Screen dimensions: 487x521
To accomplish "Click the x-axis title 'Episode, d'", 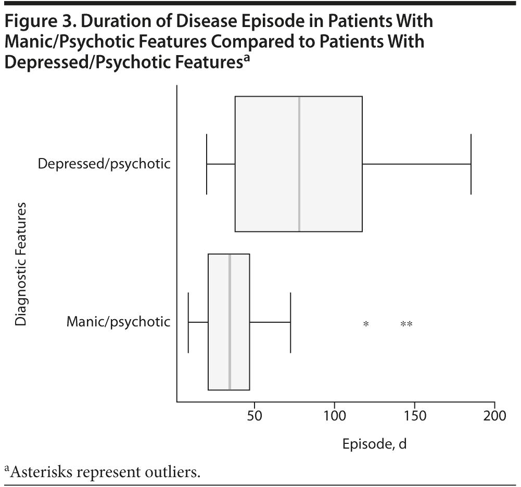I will (x=373, y=444).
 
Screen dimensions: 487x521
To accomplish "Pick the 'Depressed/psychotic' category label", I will (x=104, y=164).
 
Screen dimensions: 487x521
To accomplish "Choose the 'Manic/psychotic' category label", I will (x=118, y=322).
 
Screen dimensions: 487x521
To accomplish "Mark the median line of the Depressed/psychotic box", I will (x=299, y=164).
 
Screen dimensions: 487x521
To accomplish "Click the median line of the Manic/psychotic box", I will (x=230, y=322).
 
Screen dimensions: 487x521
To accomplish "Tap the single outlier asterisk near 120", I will (x=366, y=324).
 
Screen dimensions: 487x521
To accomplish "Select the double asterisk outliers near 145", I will (x=406, y=324).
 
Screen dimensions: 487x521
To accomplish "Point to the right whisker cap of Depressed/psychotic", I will (x=471, y=164).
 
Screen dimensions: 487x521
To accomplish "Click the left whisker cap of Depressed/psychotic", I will (x=207, y=164).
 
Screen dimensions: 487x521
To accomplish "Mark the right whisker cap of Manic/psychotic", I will (x=290, y=322).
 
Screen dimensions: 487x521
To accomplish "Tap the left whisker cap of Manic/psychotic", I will (x=188, y=322).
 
